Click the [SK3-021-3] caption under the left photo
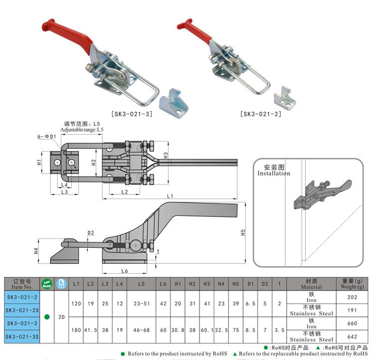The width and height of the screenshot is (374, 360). point(132,114)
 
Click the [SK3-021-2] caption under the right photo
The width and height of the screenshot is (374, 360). point(261,114)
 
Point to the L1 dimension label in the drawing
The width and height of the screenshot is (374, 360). point(170,195)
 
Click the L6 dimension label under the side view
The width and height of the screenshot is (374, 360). point(125,270)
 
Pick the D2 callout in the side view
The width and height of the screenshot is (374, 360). point(91,233)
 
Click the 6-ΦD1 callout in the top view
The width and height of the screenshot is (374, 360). point(46,136)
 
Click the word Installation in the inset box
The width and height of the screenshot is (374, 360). point(274,174)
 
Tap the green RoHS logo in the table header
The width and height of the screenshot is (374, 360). point(46,284)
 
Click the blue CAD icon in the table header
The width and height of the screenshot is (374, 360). point(61,284)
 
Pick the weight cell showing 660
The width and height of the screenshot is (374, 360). point(352,323)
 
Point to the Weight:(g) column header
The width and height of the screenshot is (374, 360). point(352,284)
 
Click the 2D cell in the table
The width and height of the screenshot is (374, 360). point(61,317)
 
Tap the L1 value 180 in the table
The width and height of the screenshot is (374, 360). point(76,330)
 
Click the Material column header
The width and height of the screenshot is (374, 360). point(311,284)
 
